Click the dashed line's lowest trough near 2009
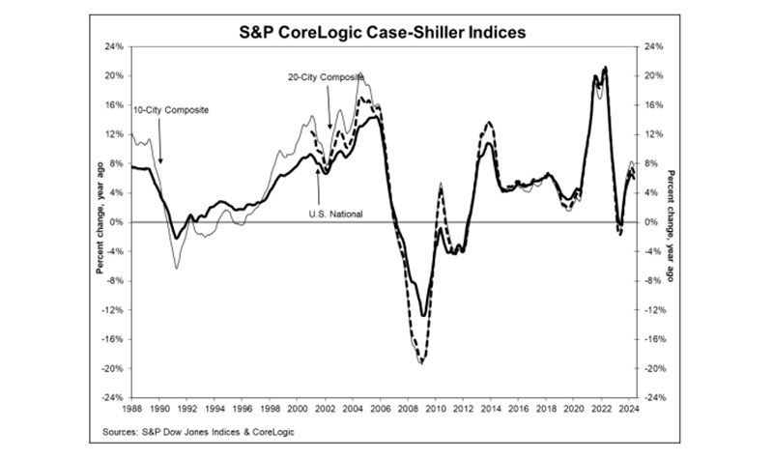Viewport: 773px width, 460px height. point(421,362)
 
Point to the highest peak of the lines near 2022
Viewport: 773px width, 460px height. point(605,68)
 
